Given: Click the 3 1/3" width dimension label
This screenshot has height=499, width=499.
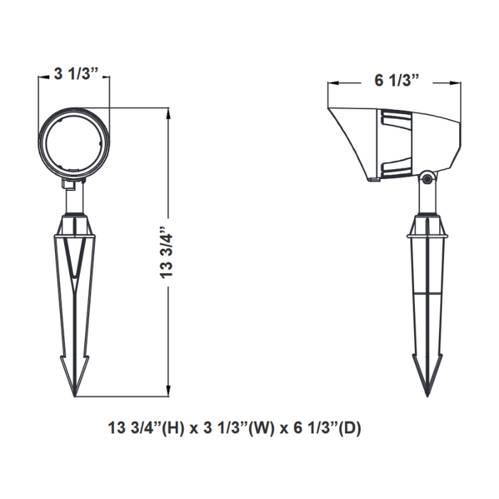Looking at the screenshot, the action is pyautogui.click(x=77, y=74).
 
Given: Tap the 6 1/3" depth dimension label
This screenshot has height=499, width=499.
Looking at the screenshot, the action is pyautogui.click(x=397, y=80).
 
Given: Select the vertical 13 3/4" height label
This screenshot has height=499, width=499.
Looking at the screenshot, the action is pyautogui.click(x=166, y=253).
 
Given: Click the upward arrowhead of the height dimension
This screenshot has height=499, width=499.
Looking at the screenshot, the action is pyautogui.click(x=168, y=113).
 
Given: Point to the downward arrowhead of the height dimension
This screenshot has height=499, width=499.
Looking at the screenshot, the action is pyautogui.click(x=168, y=391).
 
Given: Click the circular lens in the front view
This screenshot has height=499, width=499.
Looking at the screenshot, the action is pyautogui.click(x=74, y=143).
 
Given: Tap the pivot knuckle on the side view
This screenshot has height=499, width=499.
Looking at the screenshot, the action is pyautogui.click(x=428, y=178).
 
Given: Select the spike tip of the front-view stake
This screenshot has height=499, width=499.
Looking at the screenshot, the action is pyautogui.click(x=74, y=396).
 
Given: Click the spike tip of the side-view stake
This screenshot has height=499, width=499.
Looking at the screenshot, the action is pyautogui.click(x=428, y=396).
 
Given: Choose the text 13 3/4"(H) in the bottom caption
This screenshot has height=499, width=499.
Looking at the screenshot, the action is pyautogui.click(x=146, y=428).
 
